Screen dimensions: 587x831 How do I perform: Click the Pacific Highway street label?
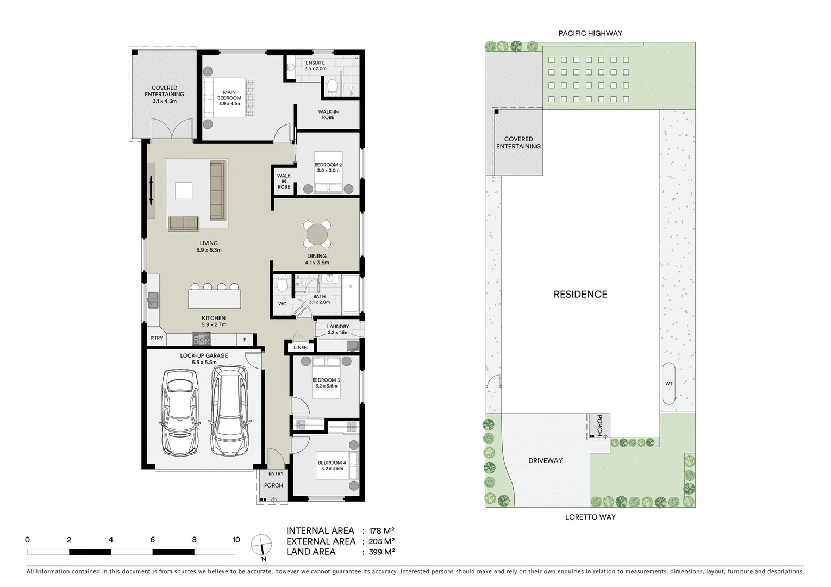click(x=590, y=33)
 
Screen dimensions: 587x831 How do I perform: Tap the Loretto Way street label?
click(x=590, y=517)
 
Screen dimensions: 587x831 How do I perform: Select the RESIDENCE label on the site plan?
click(x=580, y=294)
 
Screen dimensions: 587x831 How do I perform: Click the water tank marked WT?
click(x=668, y=383)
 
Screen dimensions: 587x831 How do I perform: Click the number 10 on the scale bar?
click(x=236, y=540)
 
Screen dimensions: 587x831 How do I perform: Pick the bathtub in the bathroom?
click(x=351, y=294)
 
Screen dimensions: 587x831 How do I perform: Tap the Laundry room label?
click(x=338, y=327)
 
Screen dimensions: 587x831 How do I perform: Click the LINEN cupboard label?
click(x=301, y=347)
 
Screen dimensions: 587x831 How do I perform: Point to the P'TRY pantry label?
click(x=157, y=338)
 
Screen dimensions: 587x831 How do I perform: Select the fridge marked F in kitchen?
click(x=245, y=340)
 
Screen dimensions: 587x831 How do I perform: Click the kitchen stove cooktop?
click(x=201, y=340)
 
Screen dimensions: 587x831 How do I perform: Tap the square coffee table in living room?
click(x=184, y=191)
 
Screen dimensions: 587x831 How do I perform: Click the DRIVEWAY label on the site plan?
click(x=545, y=460)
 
